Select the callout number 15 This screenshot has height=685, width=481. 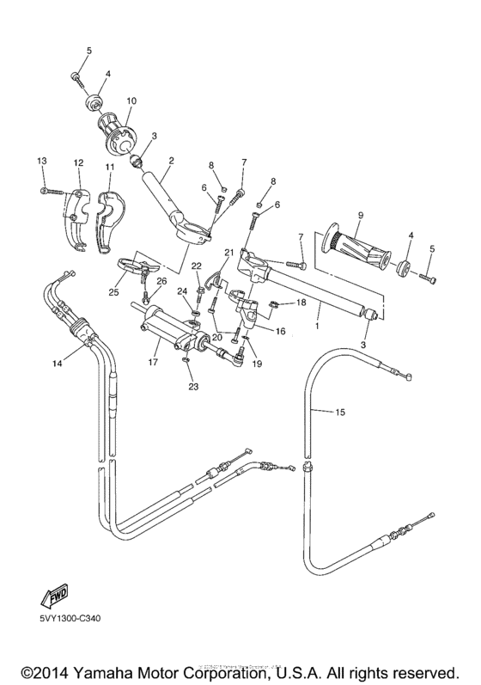(x=339, y=413)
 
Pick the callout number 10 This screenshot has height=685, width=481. (x=131, y=101)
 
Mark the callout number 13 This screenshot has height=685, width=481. (x=40, y=162)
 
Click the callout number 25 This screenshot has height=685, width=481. (x=113, y=293)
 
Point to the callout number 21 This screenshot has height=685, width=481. (x=228, y=252)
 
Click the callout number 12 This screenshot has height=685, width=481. (x=77, y=162)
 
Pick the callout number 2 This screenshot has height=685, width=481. (x=171, y=161)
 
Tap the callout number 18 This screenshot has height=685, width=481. (x=301, y=303)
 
